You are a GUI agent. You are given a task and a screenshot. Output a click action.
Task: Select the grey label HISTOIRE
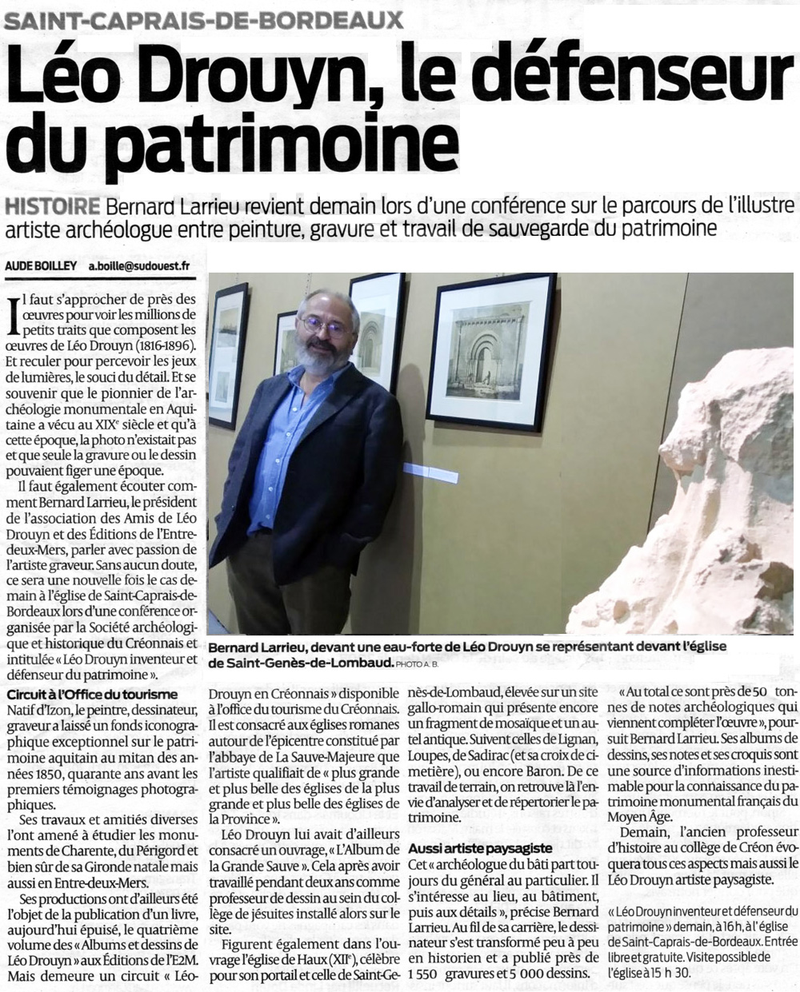click(x=53, y=205)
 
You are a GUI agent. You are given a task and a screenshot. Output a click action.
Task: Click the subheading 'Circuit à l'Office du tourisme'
click(x=92, y=695)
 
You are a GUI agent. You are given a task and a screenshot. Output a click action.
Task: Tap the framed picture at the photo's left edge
click(x=228, y=355)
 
